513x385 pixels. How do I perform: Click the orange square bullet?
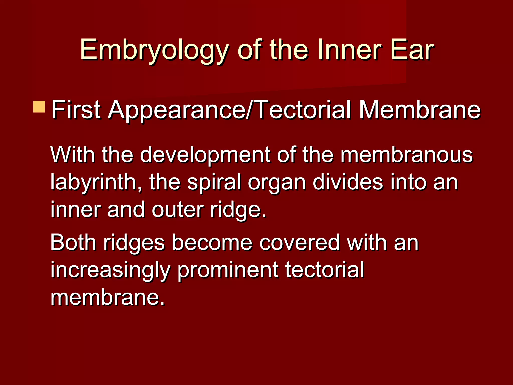(39, 107)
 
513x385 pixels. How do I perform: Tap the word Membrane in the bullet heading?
(420, 110)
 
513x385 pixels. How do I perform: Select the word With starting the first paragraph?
(72, 154)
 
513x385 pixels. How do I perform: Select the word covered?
(299, 242)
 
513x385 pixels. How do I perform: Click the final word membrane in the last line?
(107, 297)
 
